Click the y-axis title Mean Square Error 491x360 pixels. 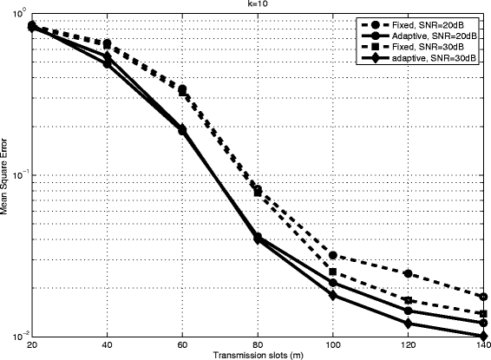tap(8, 177)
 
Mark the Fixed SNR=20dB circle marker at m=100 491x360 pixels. tap(333, 255)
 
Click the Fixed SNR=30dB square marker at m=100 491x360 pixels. tap(333, 272)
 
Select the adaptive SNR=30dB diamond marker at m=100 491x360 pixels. tap(333, 296)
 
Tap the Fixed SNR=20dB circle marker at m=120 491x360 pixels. tap(408, 273)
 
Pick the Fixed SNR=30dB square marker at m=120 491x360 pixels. tap(408, 300)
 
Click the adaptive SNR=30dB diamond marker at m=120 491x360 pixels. tap(408, 324)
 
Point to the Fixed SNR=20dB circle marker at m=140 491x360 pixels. tap(483, 297)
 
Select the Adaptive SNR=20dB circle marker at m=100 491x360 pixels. tap(333, 283)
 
